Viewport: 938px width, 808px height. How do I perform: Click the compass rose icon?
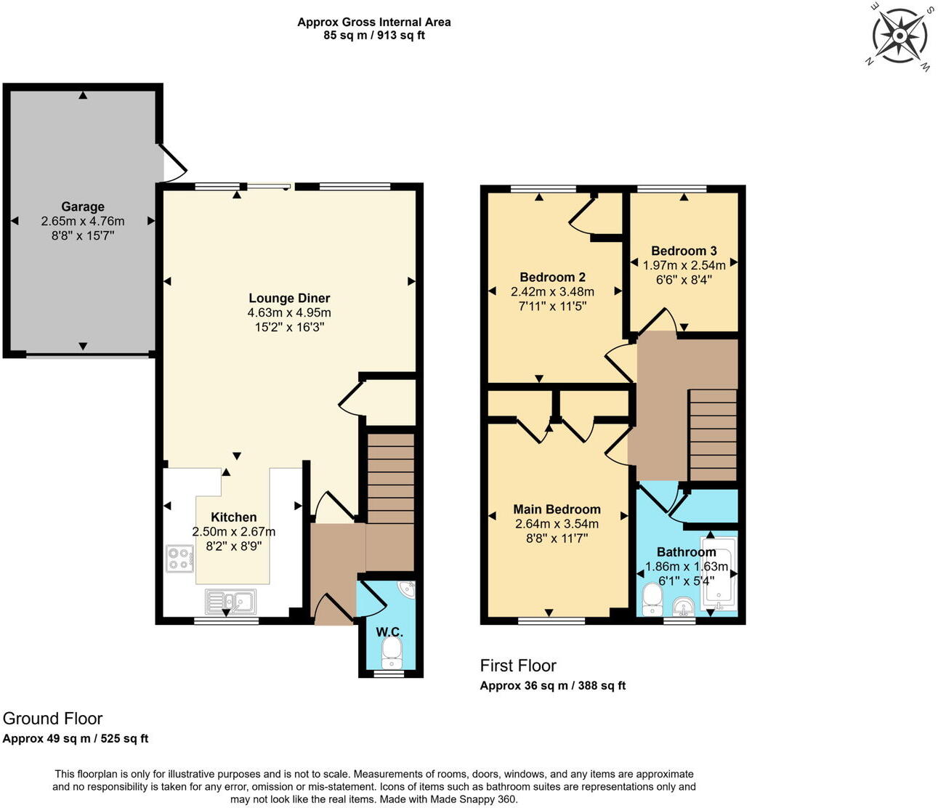click(x=899, y=35)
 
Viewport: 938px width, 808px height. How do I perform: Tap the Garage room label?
click(x=83, y=207)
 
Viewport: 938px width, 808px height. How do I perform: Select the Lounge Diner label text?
click(x=289, y=298)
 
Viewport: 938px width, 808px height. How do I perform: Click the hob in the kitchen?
click(x=179, y=558)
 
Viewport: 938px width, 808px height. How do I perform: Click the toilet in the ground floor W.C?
click(x=392, y=653)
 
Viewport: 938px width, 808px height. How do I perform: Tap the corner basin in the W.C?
click(x=408, y=589)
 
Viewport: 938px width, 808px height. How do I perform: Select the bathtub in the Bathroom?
click(x=719, y=574)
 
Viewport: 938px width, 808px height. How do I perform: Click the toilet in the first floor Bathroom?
click(x=652, y=600)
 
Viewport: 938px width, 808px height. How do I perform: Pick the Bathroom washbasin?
click(x=682, y=605)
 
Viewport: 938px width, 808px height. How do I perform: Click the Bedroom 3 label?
click(x=684, y=251)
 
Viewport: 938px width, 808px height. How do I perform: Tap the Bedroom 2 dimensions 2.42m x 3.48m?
click(x=552, y=291)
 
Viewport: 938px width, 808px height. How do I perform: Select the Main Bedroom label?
click(x=557, y=509)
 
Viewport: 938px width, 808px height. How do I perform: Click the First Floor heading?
click(x=518, y=666)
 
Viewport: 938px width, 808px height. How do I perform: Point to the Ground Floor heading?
click(x=53, y=719)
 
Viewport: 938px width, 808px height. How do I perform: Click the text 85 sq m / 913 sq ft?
click(x=374, y=35)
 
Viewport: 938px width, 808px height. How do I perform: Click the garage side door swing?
click(x=173, y=163)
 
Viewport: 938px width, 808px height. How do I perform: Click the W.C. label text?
click(x=389, y=632)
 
